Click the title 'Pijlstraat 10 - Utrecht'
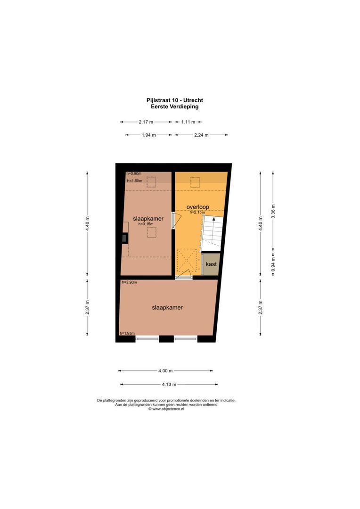(x=174, y=100)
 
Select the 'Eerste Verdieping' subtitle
(x=174, y=107)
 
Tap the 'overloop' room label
(x=197, y=206)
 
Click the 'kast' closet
(x=212, y=264)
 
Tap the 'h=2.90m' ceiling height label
(x=129, y=282)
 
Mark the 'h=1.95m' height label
(x=127, y=333)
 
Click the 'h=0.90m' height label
(x=134, y=173)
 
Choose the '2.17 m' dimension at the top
(x=146, y=122)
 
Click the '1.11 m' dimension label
(x=188, y=122)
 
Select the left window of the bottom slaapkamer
(x=147, y=338)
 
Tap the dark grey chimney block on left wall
(x=124, y=238)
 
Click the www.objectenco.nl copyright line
(x=166, y=409)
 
